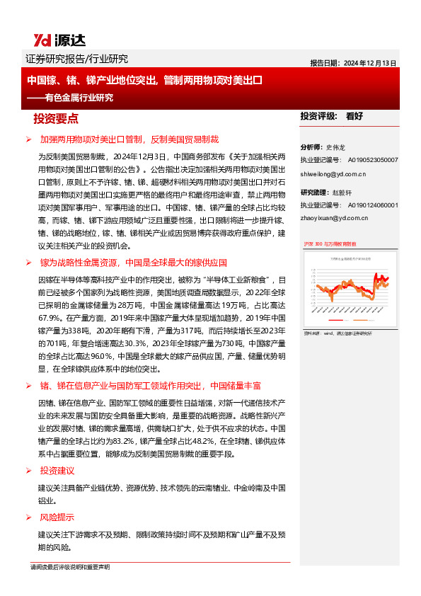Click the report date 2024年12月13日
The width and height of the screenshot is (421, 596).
pos(370,62)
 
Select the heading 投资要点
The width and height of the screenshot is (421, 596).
pos(56,118)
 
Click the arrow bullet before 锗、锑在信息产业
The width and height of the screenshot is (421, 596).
pos(28,386)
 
